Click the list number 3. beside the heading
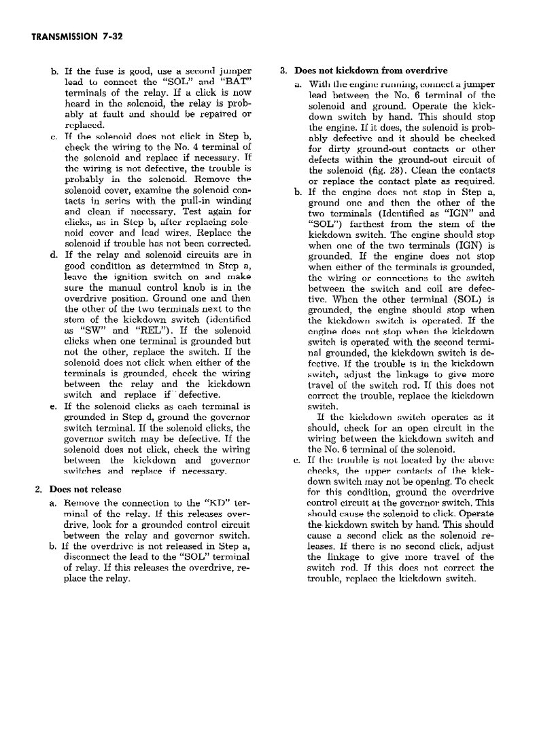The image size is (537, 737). pos(284,69)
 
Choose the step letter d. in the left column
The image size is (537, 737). pos(54,255)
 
